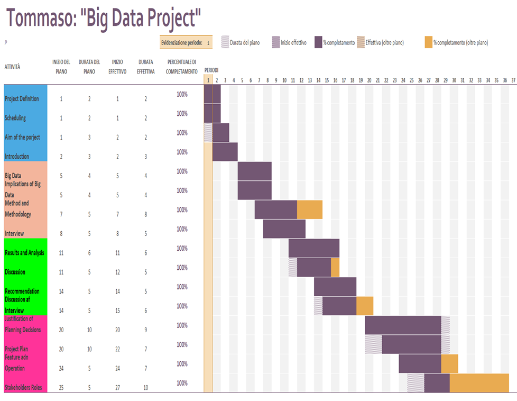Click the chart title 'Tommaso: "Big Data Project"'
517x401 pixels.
104,19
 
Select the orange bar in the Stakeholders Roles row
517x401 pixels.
479,383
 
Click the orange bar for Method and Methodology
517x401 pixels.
310,209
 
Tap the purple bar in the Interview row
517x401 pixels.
284,229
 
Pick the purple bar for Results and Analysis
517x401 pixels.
313,248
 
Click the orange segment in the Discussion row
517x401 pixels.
335,267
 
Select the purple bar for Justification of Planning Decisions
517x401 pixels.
403,325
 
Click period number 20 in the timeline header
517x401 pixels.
369,80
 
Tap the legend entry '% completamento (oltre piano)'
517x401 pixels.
460,43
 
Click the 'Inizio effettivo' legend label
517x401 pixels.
293,43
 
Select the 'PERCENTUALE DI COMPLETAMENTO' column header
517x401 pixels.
181,67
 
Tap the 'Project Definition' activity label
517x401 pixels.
22,99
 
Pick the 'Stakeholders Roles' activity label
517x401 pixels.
23,388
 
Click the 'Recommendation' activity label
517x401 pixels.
22,291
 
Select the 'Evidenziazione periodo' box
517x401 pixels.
186,43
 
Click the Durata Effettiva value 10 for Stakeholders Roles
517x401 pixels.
145,388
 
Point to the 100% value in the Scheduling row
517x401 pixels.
182,113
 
